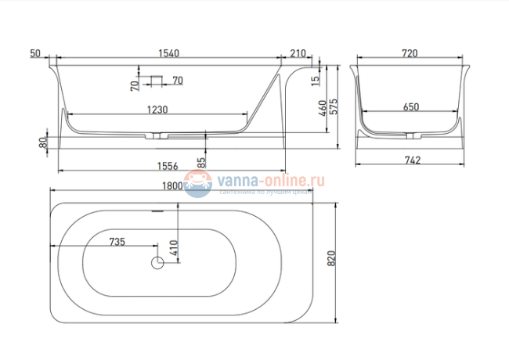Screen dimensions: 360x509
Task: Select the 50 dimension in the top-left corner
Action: coord(34,53)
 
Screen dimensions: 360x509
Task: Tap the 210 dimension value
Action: coord(297,53)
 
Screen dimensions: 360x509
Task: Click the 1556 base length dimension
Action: coord(168,165)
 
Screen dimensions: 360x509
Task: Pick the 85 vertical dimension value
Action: coord(202,162)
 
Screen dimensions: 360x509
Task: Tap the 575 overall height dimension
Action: coord(334,107)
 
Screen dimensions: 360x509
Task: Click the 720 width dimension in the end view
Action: coord(409,53)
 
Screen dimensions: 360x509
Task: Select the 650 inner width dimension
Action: coord(410,107)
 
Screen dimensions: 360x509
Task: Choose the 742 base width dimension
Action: coord(413,160)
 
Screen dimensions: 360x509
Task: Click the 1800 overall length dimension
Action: coord(172,186)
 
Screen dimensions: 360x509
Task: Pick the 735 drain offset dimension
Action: coord(117,242)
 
